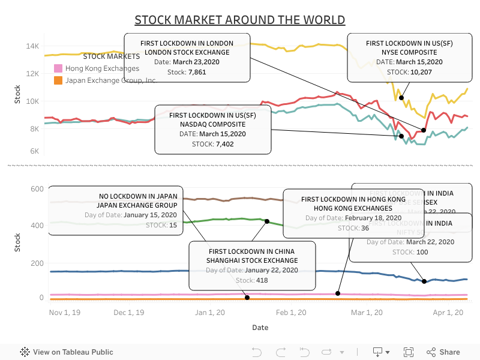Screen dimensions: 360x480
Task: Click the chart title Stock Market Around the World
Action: (239, 20)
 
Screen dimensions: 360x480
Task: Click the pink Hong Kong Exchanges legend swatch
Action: (58, 68)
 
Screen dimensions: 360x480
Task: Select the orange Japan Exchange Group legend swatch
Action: (58, 80)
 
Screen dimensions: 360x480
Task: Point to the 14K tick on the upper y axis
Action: (32, 46)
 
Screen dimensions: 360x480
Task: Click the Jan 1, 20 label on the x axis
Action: (210, 313)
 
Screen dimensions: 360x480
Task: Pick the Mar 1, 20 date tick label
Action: (367, 313)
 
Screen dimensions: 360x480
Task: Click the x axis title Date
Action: (260, 328)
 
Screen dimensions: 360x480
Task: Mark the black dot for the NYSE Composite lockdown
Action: (401, 98)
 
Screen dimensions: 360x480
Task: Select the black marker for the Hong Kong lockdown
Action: (338, 293)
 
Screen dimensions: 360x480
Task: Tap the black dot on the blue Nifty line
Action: (424, 281)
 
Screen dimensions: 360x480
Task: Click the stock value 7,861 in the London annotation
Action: (197, 72)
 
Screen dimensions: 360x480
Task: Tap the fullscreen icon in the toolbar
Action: (409, 352)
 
